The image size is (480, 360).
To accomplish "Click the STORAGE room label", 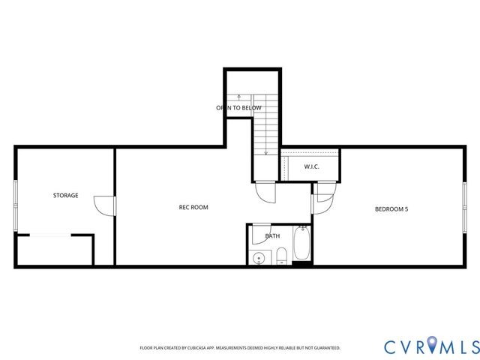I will point(65,195).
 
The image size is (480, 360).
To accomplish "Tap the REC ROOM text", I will point(193,207).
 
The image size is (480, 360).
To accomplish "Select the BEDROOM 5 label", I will point(391,208).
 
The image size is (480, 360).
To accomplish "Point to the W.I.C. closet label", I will point(312,166).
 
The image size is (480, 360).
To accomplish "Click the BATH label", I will point(272,236).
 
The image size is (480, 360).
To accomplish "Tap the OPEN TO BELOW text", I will point(239,108).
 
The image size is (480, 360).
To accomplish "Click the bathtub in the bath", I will point(301,244).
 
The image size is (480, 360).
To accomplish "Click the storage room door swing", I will point(104,205).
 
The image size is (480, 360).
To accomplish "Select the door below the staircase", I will point(265,192).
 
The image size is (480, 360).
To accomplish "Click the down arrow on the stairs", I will point(265,151).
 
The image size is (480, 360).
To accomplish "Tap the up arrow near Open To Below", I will point(239,97).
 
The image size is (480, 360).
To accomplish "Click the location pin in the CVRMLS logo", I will point(436,346).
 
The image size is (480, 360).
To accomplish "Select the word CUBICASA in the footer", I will point(199,348).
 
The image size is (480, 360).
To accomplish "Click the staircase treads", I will point(265,127).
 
